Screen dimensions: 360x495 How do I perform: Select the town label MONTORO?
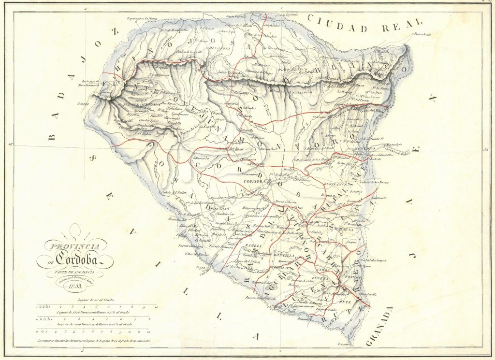[x=365, y=148]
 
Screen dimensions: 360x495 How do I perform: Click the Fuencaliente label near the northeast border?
[x=422, y=35]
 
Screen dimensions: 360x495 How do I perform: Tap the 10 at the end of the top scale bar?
[x=155, y=306]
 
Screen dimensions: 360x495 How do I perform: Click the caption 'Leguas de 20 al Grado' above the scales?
[x=97, y=301]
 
